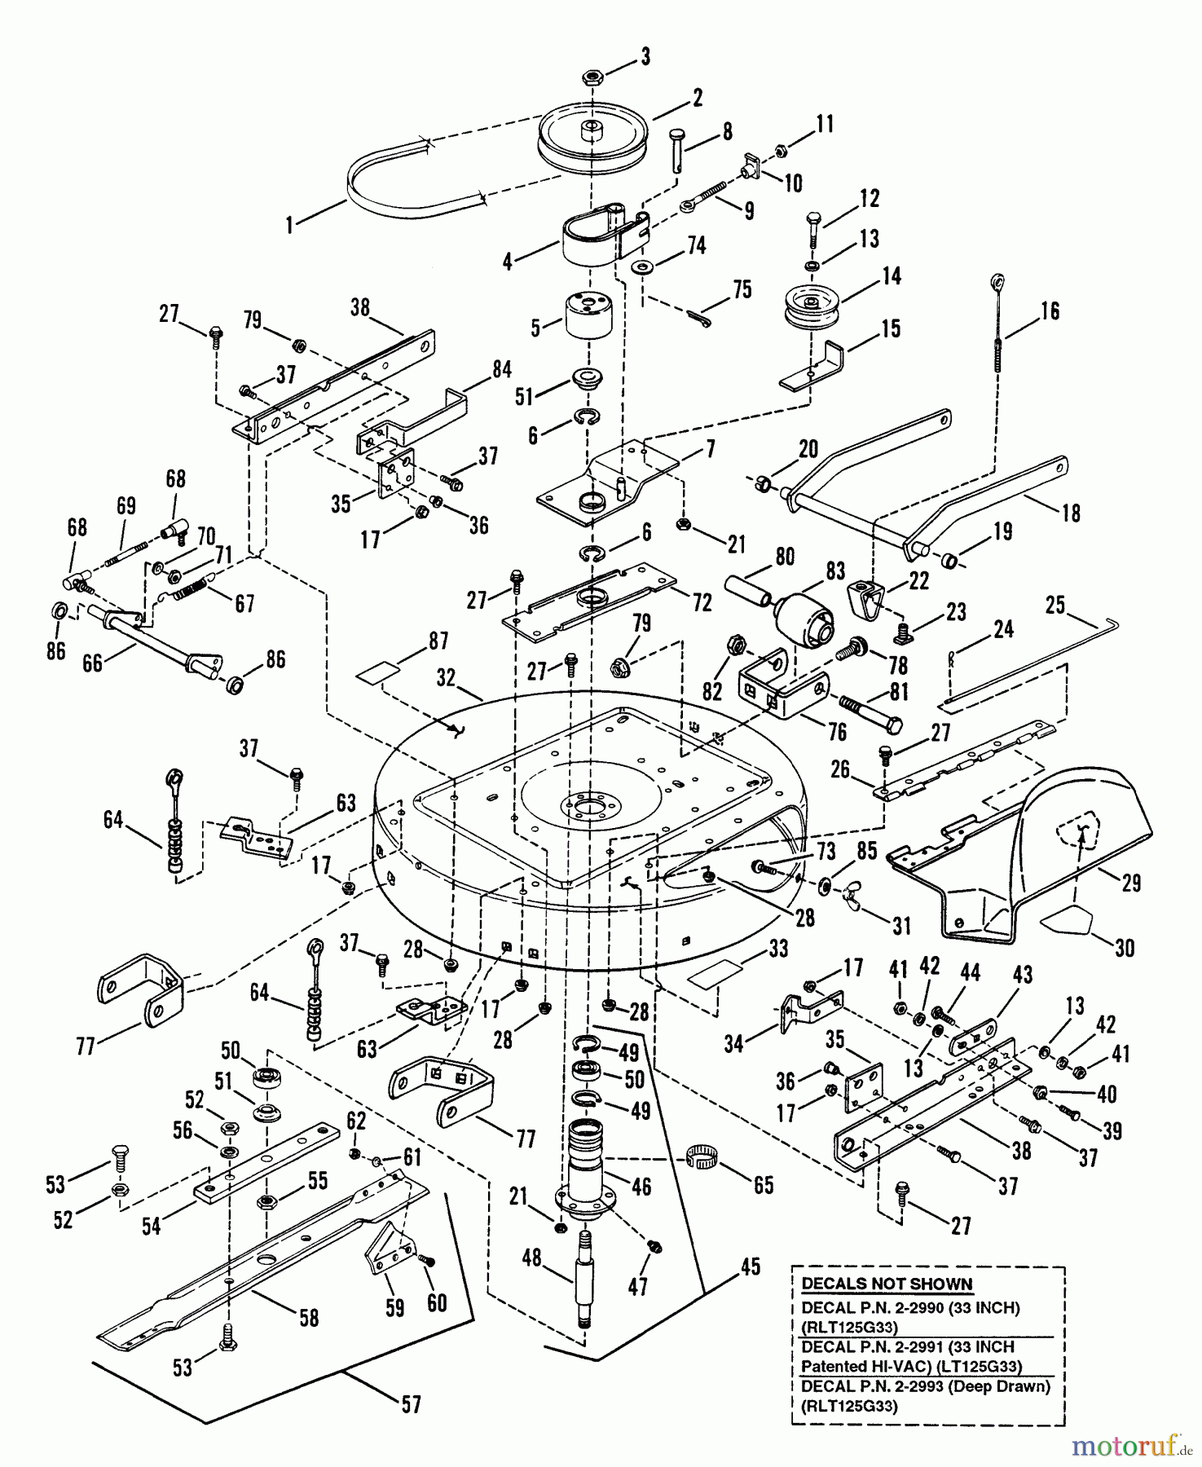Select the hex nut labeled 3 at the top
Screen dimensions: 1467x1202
click(592, 77)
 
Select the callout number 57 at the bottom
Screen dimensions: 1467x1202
click(412, 1403)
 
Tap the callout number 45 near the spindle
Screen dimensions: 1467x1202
click(750, 1266)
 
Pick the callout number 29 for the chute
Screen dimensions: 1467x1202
click(1130, 883)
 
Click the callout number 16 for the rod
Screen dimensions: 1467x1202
click(1050, 311)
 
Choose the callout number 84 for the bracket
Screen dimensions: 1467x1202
click(501, 369)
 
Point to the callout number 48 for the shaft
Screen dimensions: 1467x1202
click(532, 1258)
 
